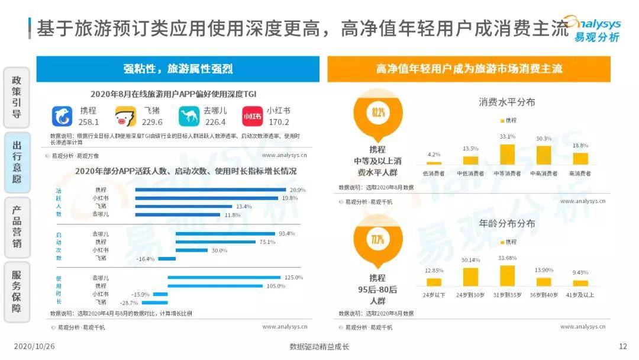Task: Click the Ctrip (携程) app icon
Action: click(x=62, y=116)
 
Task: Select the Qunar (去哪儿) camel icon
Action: click(x=189, y=116)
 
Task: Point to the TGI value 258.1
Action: click(x=89, y=122)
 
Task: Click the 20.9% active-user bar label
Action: click(x=298, y=189)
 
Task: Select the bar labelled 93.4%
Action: click(x=225, y=233)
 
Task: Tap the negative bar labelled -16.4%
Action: click(x=167, y=258)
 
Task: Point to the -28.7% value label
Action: click(x=121, y=302)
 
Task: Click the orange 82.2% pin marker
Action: click(x=378, y=112)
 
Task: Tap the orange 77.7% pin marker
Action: click(x=378, y=240)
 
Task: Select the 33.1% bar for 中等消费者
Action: click(x=507, y=154)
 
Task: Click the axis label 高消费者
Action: click(x=580, y=173)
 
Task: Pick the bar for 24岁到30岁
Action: click(x=470, y=277)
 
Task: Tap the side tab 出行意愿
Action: click(x=17, y=162)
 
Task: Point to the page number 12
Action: click(x=622, y=346)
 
